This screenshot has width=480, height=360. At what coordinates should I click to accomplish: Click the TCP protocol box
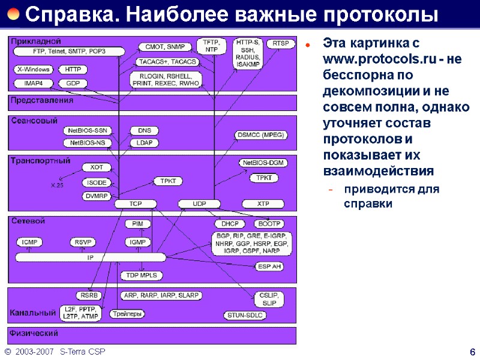point(136,204)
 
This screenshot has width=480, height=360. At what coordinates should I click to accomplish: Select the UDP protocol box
point(199,204)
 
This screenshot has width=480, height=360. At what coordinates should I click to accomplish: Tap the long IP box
point(90,257)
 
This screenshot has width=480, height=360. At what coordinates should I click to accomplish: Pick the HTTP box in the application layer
point(73,70)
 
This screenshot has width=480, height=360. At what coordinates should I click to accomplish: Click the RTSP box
point(281,44)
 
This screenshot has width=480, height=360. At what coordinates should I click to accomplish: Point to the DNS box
point(144,130)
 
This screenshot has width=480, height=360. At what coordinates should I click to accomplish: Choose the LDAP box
point(144,143)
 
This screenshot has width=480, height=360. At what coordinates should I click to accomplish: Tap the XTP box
point(263,204)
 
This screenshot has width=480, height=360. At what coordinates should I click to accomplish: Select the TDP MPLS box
point(142,275)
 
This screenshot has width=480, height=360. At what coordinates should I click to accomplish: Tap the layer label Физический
point(33,333)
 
